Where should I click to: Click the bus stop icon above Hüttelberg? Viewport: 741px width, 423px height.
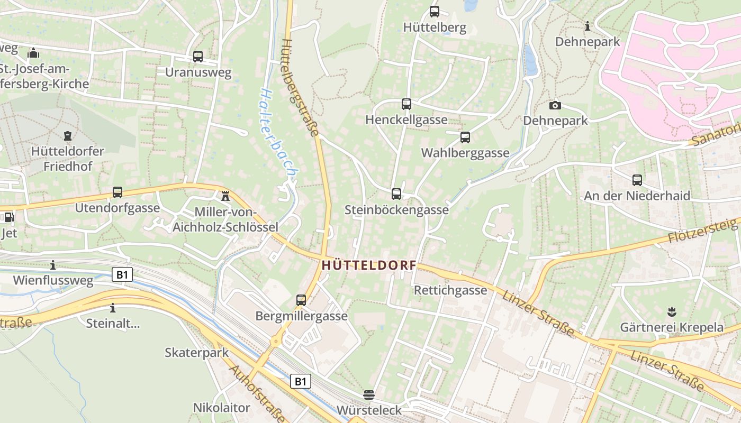(435, 11)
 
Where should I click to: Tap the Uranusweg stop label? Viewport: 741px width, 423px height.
(198, 72)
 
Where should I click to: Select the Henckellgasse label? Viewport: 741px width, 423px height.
(406, 120)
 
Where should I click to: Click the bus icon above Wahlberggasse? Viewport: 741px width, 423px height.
(465, 137)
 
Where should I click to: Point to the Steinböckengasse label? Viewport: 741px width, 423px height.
(396, 210)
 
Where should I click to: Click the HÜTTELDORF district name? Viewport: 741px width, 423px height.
(368, 265)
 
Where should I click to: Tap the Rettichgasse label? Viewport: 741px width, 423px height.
(450, 290)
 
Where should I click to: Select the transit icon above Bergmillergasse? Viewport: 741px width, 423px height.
(301, 300)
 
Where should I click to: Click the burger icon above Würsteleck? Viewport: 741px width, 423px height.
(369, 394)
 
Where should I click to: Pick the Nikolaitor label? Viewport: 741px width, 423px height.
(221, 408)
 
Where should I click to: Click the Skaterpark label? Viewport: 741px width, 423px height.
(196, 353)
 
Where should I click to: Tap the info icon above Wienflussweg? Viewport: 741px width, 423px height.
(53, 265)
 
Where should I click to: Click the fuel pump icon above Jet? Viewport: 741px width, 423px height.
(8, 217)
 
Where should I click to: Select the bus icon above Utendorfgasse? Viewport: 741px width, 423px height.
(118, 192)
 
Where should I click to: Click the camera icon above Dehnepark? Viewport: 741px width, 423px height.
(555, 105)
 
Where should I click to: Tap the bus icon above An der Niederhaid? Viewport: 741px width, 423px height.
(637, 180)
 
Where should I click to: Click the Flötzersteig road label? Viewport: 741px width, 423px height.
(703, 231)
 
